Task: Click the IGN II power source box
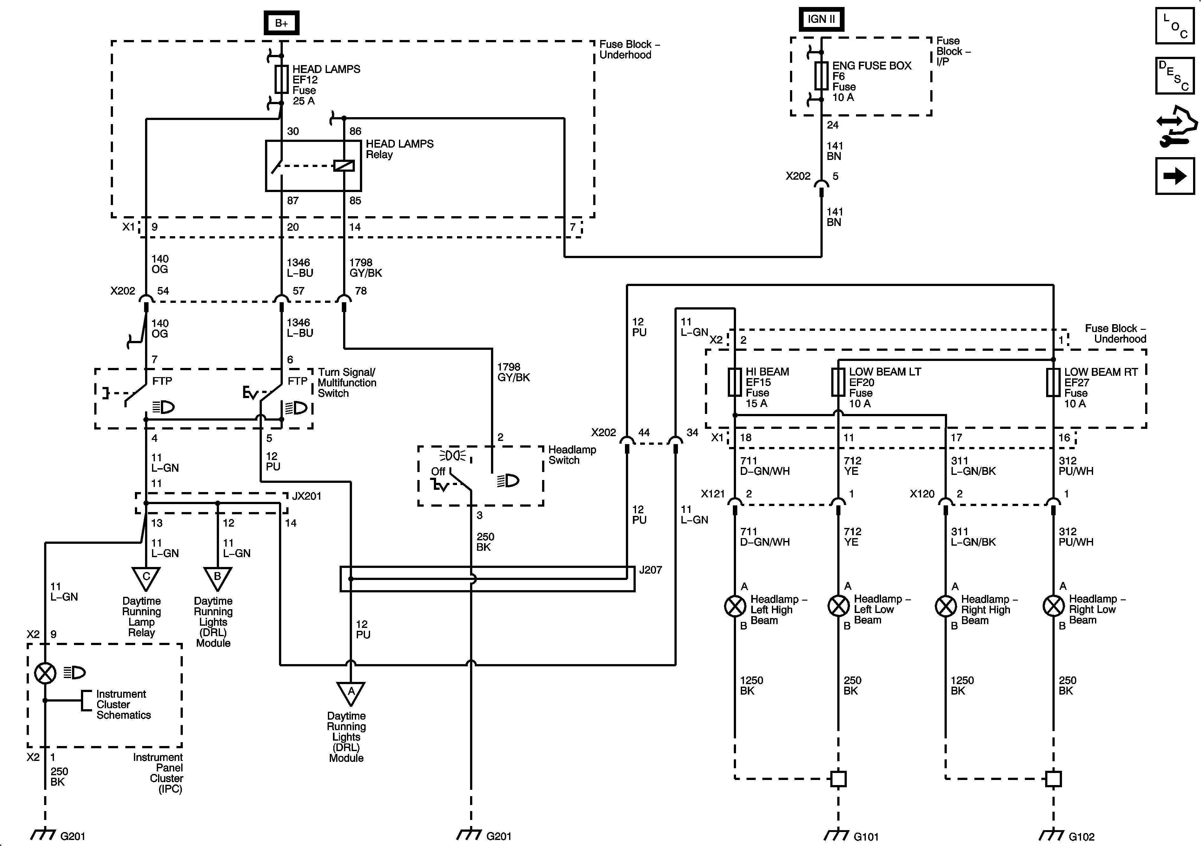pyautogui.click(x=821, y=19)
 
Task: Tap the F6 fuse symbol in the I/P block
pyautogui.click(x=821, y=76)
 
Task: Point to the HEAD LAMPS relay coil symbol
pyautogui.click(x=344, y=166)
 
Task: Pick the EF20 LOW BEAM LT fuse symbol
pyautogui.click(x=838, y=382)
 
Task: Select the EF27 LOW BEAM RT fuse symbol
pyautogui.click(x=1053, y=383)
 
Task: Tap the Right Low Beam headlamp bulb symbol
pyautogui.click(x=1053, y=606)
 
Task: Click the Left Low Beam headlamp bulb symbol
pyautogui.click(x=838, y=606)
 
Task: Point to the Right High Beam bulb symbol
pyautogui.click(x=946, y=606)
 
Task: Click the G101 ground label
pyautogui.click(x=866, y=836)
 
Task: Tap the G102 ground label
pyautogui.click(x=1082, y=836)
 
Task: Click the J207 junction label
pyautogui.click(x=651, y=570)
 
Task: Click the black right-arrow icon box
pyautogui.click(x=1175, y=176)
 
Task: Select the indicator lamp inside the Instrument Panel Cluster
pyautogui.click(x=45, y=673)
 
